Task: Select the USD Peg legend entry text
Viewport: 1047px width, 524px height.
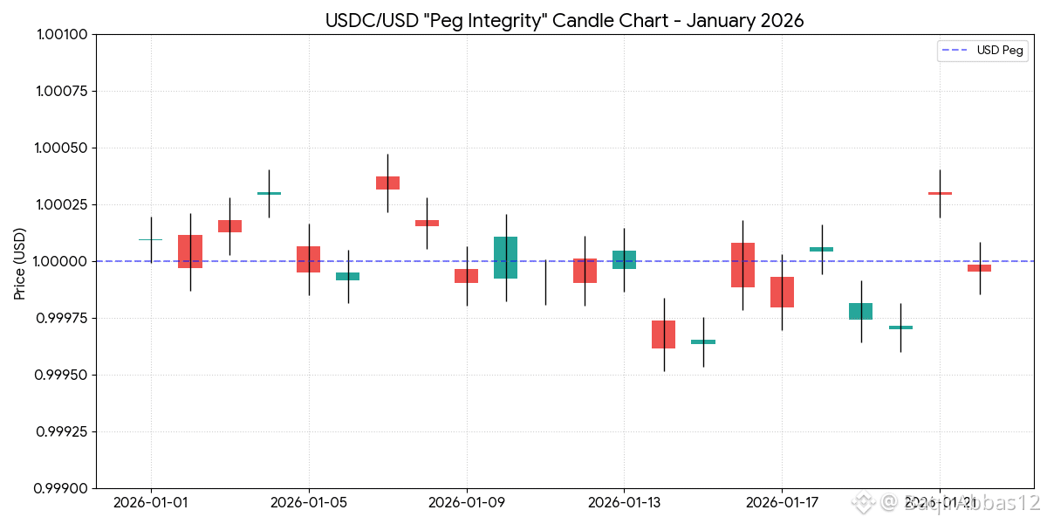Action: (x=1000, y=51)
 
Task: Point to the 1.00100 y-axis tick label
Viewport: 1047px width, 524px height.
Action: (x=62, y=35)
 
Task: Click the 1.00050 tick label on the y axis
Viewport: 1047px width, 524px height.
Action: (x=62, y=148)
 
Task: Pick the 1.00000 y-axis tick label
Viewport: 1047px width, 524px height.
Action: (x=62, y=262)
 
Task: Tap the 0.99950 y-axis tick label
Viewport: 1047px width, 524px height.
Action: (x=62, y=376)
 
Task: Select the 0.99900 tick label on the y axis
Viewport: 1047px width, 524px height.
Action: (x=62, y=488)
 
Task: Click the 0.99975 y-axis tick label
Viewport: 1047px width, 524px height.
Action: (x=62, y=319)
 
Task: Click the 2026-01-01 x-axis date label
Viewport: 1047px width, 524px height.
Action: (x=151, y=503)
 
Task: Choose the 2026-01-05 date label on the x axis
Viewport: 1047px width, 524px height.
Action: (x=309, y=503)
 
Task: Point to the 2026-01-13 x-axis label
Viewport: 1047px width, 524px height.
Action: (x=624, y=503)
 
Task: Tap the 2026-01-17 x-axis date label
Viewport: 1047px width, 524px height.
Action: (x=782, y=503)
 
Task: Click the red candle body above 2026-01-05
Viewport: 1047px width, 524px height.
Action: (x=309, y=259)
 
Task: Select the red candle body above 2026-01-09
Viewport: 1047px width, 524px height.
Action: (x=466, y=276)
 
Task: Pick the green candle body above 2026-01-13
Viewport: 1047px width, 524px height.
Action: (x=624, y=259)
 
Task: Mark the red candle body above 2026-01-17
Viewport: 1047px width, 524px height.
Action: (x=782, y=292)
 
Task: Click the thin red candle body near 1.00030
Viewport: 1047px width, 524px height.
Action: (x=940, y=193)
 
